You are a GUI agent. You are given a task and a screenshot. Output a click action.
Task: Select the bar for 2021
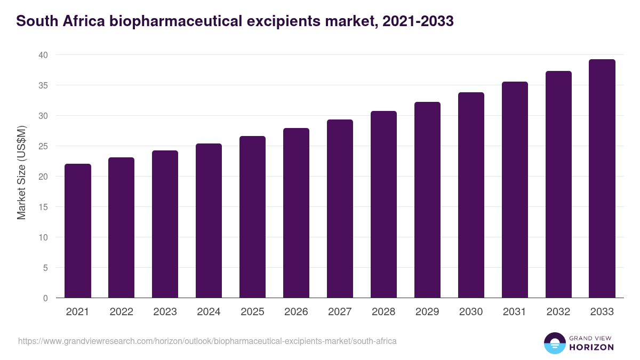pyautogui.click(x=78, y=231)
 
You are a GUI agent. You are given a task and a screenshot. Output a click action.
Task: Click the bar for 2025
pyautogui.click(x=252, y=217)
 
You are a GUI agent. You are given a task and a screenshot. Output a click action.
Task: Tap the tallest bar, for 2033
pyautogui.click(x=602, y=179)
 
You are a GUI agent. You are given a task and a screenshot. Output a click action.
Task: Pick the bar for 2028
pyautogui.click(x=383, y=204)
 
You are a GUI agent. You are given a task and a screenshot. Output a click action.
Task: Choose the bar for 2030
pyautogui.click(x=471, y=195)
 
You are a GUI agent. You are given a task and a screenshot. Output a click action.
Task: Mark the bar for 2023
pyautogui.click(x=165, y=224)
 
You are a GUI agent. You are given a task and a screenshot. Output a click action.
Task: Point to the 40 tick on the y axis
pyautogui.click(x=43, y=55)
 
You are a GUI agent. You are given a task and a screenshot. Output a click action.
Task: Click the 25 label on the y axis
pyautogui.click(x=43, y=146)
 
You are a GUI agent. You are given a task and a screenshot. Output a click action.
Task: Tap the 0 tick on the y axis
pyautogui.click(x=45, y=298)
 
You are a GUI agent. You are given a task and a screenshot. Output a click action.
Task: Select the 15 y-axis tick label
pyautogui.click(x=43, y=207)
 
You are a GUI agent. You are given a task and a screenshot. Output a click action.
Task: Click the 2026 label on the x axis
pyautogui.click(x=296, y=312)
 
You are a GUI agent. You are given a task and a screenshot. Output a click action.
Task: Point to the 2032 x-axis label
pyautogui.click(x=558, y=312)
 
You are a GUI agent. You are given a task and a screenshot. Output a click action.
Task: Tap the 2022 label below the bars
pyautogui.click(x=121, y=312)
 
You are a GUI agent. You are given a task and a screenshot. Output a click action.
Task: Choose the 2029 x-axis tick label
pyautogui.click(x=427, y=312)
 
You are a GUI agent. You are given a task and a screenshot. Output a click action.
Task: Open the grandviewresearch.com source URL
pyautogui.click(x=207, y=341)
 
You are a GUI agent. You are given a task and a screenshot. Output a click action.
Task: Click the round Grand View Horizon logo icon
pyautogui.click(x=555, y=343)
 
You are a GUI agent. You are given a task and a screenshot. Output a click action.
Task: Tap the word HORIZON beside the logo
pyautogui.click(x=591, y=347)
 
